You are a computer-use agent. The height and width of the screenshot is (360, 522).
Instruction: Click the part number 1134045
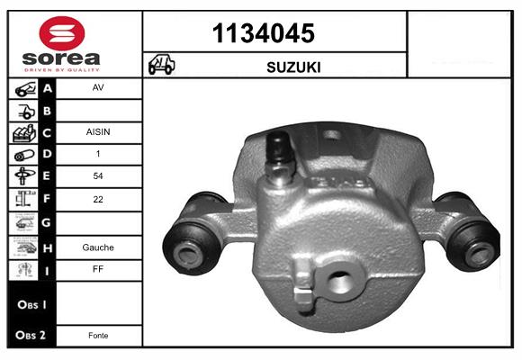point(264,33)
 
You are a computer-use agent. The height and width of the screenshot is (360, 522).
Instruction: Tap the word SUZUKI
point(293,67)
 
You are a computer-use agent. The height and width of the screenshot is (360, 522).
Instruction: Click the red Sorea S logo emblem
point(62,33)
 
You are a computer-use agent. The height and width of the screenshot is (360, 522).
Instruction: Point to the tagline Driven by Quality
point(62,70)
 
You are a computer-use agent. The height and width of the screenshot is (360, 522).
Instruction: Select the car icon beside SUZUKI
point(161,64)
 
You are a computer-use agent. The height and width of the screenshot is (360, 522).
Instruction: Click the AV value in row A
point(98,87)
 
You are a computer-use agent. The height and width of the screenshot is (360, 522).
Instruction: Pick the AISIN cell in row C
point(98,132)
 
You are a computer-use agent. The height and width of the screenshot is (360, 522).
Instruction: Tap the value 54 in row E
point(98,175)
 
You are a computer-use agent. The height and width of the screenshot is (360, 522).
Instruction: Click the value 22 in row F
point(98,199)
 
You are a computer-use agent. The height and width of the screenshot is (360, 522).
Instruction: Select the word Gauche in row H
point(98,247)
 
